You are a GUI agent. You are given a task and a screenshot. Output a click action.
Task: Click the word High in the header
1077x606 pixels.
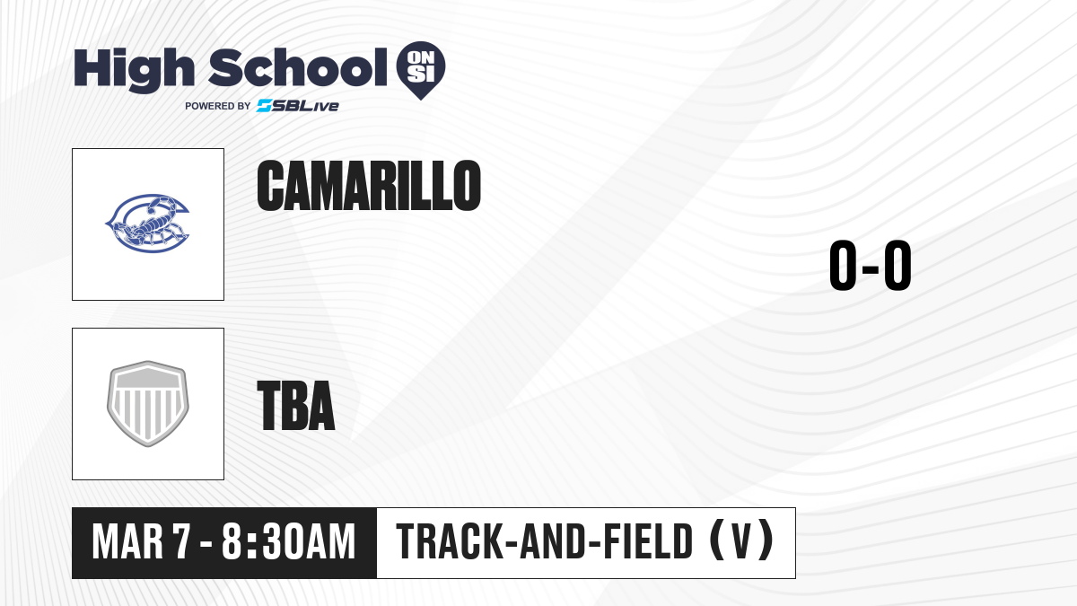(x=134, y=70)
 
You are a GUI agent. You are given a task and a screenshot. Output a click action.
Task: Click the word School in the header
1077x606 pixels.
(x=298, y=67)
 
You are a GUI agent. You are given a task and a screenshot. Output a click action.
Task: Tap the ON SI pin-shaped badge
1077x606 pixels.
(x=421, y=70)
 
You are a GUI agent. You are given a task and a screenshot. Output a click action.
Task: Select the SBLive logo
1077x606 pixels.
(x=298, y=106)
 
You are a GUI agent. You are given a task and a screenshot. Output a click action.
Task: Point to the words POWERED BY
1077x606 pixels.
(x=218, y=106)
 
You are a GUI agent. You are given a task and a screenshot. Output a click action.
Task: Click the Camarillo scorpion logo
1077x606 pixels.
(x=147, y=224)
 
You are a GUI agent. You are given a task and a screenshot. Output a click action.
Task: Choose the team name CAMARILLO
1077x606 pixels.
(x=369, y=186)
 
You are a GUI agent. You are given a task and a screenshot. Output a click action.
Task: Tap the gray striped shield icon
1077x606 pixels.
(x=147, y=403)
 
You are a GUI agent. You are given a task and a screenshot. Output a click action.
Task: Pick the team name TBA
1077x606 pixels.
(x=296, y=406)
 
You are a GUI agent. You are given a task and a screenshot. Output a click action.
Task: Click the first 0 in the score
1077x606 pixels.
(x=844, y=265)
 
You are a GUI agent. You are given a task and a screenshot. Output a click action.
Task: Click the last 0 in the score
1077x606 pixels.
(x=897, y=265)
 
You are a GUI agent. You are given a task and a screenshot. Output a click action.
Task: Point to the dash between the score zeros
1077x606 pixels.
(x=871, y=268)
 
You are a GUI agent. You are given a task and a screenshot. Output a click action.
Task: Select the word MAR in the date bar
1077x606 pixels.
(x=127, y=542)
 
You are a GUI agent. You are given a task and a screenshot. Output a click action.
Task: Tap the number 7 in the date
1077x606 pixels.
(x=182, y=542)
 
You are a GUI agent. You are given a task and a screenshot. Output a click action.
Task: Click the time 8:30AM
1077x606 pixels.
(x=288, y=542)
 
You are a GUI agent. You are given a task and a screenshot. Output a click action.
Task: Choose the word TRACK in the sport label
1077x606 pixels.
(x=450, y=541)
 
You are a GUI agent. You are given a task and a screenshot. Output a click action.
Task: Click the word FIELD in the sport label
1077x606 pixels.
(x=648, y=541)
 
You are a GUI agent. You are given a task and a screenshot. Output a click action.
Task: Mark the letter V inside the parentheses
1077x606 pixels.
(x=741, y=541)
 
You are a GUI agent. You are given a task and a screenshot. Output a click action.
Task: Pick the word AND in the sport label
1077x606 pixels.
(x=554, y=541)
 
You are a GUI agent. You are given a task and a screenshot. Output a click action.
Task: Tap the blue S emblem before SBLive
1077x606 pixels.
(x=265, y=106)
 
